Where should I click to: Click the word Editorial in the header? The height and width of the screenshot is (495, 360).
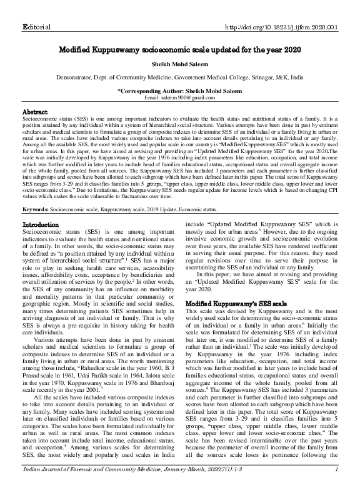(x=36, y=9)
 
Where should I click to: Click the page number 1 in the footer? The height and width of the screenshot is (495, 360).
(x=336, y=487)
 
